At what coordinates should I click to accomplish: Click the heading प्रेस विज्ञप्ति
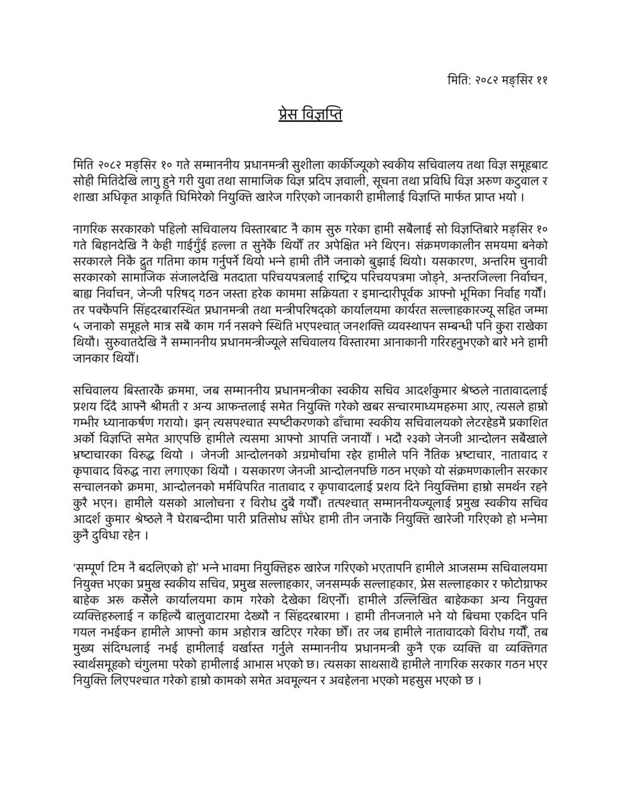310,114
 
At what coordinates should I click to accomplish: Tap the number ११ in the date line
542,79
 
